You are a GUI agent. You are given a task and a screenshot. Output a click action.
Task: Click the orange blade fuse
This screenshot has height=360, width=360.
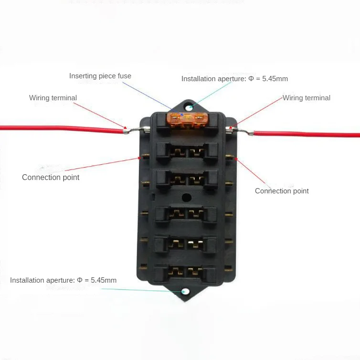point(187,120)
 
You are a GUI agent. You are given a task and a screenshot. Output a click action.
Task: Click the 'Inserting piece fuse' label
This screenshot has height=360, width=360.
point(100,76)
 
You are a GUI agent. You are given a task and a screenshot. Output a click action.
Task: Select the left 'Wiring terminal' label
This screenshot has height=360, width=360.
point(53,98)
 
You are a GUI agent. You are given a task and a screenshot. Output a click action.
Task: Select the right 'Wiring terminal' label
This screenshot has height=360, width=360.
point(307,98)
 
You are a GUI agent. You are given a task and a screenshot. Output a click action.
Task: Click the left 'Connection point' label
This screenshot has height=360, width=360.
point(51,177)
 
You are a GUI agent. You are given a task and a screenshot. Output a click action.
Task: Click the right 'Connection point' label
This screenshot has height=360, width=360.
point(282,191)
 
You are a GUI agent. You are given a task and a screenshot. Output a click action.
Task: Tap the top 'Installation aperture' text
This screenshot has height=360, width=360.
point(234,79)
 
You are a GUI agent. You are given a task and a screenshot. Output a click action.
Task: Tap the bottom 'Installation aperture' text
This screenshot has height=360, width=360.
point(63,280)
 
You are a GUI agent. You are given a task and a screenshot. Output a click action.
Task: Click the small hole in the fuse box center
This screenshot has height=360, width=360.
point(187,197)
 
